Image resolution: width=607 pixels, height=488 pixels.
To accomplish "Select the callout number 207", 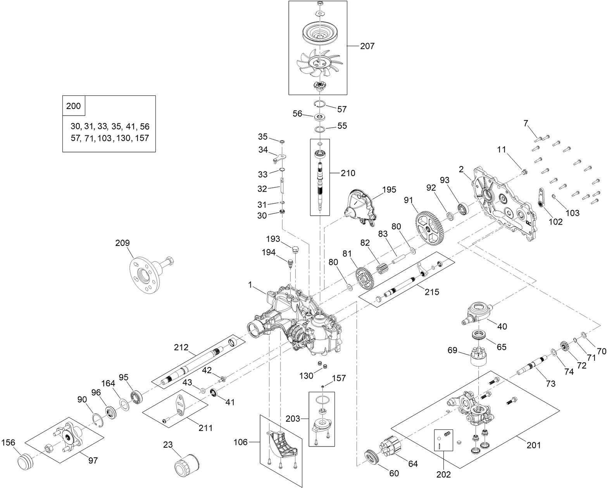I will (x=367, y=46).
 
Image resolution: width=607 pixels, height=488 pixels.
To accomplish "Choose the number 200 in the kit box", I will (x=74, y=106).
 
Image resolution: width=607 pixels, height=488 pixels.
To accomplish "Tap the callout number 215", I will (x=431, y=292).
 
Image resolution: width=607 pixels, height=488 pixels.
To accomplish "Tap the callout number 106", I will (x=241, y=442).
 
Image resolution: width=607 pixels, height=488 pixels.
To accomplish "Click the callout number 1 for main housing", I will (x=250, y=285).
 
